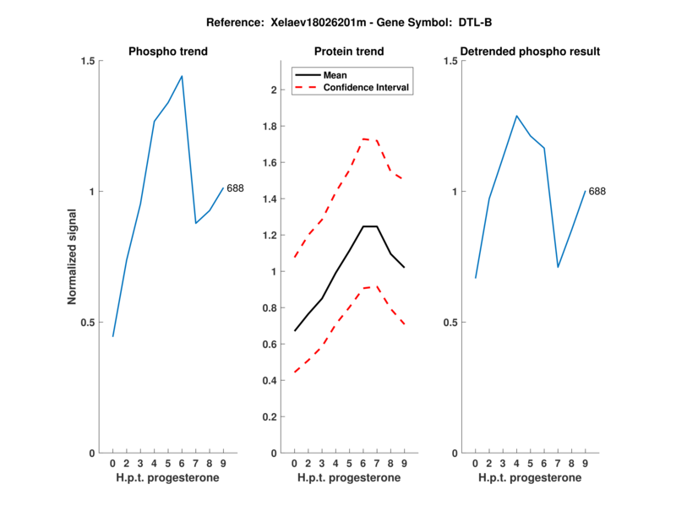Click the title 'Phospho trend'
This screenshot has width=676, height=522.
click(x=168, y=52)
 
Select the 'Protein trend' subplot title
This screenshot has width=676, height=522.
click(x=349, y=52)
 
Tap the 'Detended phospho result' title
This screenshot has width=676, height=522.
click(x=531, y=52)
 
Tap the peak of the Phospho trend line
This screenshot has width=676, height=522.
click(x=182, y=76)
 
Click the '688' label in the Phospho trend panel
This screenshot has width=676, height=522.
click(x=235, y=188)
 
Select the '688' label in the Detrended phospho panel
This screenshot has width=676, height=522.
click(x=597, y=192)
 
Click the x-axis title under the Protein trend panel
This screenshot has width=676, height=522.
click(x=349, y=478)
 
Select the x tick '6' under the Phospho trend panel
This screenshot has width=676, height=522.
click(x=182, y=464)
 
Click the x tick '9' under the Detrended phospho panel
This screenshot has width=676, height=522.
click(x=585, y=464)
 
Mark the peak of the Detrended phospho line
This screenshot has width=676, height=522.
click(x=516, y=116)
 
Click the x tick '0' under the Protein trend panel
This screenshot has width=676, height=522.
click(x=294, y=464)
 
